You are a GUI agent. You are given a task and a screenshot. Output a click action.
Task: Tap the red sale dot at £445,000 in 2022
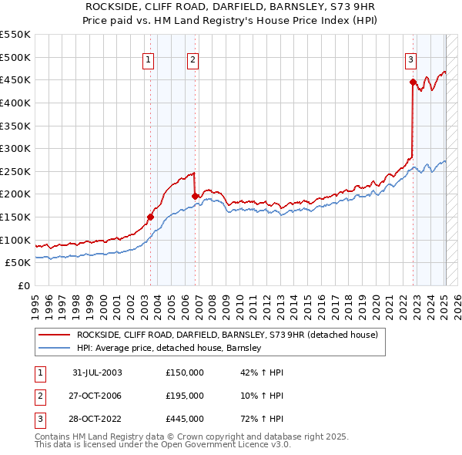pos(413,82)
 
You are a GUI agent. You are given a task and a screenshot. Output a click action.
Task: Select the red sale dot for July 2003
pos(150,217)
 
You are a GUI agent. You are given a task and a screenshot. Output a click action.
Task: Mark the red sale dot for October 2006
pos(195,196)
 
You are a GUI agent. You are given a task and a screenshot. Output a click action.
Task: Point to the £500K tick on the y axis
pos(15,57)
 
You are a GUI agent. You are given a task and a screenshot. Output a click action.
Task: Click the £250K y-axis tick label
pos(15,171)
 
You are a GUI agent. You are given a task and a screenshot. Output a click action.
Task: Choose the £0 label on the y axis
pos(23,285)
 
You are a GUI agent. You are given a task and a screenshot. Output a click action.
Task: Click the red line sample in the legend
pos(54,335)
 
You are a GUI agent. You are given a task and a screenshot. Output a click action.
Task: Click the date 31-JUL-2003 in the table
pos(97,372)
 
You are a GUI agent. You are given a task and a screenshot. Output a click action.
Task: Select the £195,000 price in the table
pos(184,396)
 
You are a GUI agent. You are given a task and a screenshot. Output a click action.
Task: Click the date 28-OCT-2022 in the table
pos(97,419)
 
